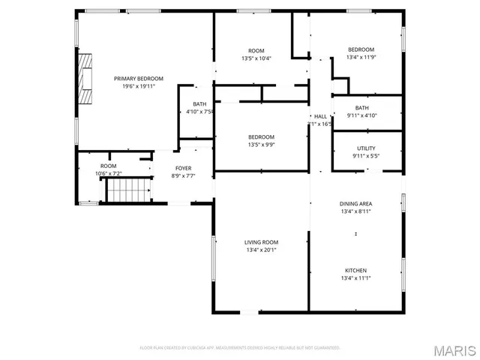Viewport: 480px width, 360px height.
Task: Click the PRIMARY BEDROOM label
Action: pos(134,78)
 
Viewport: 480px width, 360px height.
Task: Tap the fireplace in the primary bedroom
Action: pos(85,78)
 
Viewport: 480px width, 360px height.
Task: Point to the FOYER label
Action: pos(183,168)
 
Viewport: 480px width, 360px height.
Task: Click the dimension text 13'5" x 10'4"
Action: pos(256,58)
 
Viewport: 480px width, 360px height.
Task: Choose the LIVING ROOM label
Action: pos(261,242)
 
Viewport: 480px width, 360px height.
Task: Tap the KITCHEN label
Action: pos(355,270)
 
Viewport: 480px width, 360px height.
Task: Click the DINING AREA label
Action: pos(355,203)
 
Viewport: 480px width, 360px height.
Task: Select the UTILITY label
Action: pos(366,148)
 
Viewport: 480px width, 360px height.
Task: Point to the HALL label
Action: pos(320,116)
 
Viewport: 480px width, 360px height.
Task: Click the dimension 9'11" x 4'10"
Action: pos(361,115)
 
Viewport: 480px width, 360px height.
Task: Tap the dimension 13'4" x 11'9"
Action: pos(361,57)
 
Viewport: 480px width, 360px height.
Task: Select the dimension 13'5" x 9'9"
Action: pos(261,145)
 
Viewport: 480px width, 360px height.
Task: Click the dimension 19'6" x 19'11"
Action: pos(138,86)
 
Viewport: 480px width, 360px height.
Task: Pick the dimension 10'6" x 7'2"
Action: pos(108,173)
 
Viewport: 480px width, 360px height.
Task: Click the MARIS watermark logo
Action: pos(453,349)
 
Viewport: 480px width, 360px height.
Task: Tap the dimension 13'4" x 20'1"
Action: pos(261,250)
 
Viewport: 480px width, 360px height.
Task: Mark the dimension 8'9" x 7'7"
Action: pos(183,176)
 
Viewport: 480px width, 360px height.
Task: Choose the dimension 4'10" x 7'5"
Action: pos(199,112)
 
